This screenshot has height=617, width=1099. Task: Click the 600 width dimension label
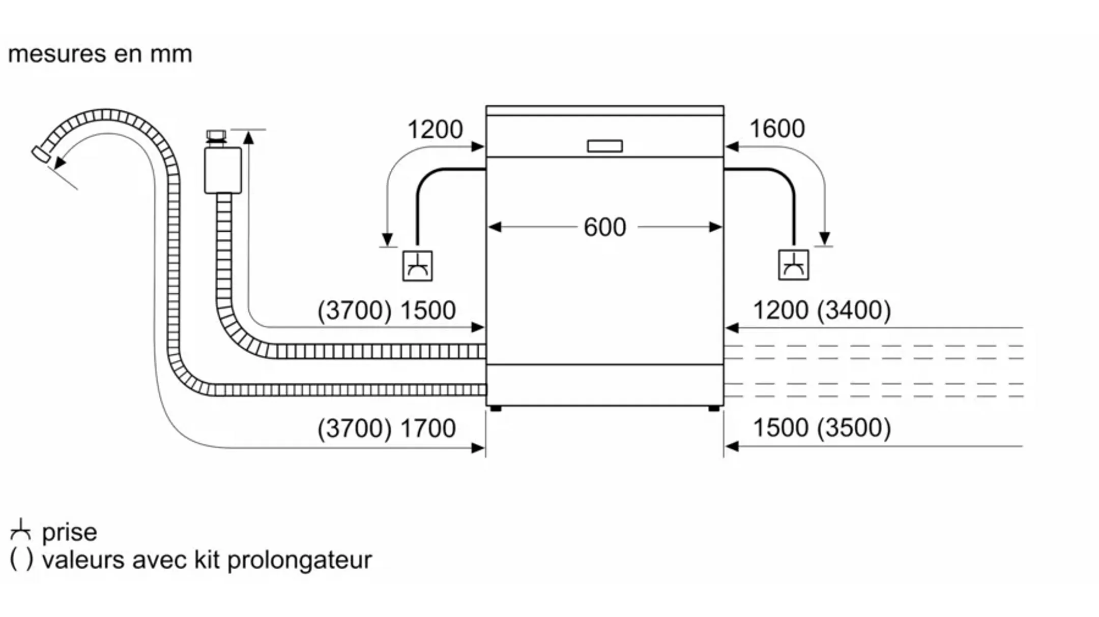point(604,227)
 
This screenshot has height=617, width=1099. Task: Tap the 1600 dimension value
point(777,129)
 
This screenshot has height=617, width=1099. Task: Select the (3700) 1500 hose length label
point(386,311)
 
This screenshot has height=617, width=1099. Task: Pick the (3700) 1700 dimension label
point(386,428)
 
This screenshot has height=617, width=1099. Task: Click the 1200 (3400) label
point(822,311)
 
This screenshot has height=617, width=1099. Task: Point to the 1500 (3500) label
point(822,428)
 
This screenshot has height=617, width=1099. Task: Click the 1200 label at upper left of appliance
point(435,129)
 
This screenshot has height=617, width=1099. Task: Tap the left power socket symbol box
point(418,266)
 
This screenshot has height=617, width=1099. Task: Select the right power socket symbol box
point(793,265)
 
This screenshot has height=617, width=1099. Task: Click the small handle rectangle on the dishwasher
point(604,146)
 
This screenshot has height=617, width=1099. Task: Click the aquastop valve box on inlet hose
point(223,170)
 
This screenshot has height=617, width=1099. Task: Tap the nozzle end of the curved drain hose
point(41,153)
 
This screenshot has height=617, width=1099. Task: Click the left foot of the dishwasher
point(496,408)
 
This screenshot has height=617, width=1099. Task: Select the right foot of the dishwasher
point(714,408)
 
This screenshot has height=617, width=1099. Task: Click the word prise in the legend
point(69,533)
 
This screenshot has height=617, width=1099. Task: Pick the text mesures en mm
point(100,54)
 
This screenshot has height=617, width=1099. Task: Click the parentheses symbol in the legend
point(21,560)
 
